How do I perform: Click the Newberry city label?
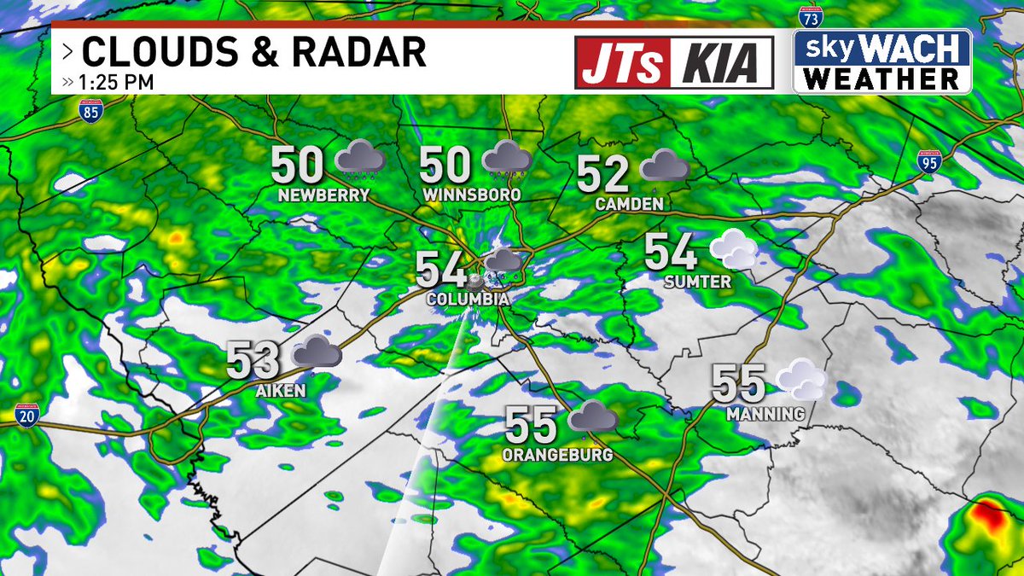[x=323, y=195]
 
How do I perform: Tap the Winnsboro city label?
[x=472, y=195]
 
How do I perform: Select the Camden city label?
[x=630, y=205]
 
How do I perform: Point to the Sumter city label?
[x=696, y=282]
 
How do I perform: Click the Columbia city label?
[x=468, y=300]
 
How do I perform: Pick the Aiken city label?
[x=280, y=390]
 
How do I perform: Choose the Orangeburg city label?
[x=557, y=455]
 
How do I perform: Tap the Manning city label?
[x=765, y=415]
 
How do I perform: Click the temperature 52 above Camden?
[x=603, y=175]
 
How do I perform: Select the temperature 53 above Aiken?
[x=253, y=360]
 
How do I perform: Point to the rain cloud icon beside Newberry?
[x=360, y=159]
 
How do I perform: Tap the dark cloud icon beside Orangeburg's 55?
[x=593, y=417]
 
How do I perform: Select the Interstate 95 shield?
[x=929, y=160]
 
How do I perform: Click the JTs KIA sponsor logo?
[x=674, y=61]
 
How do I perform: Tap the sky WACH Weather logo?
[x=882, y=61]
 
